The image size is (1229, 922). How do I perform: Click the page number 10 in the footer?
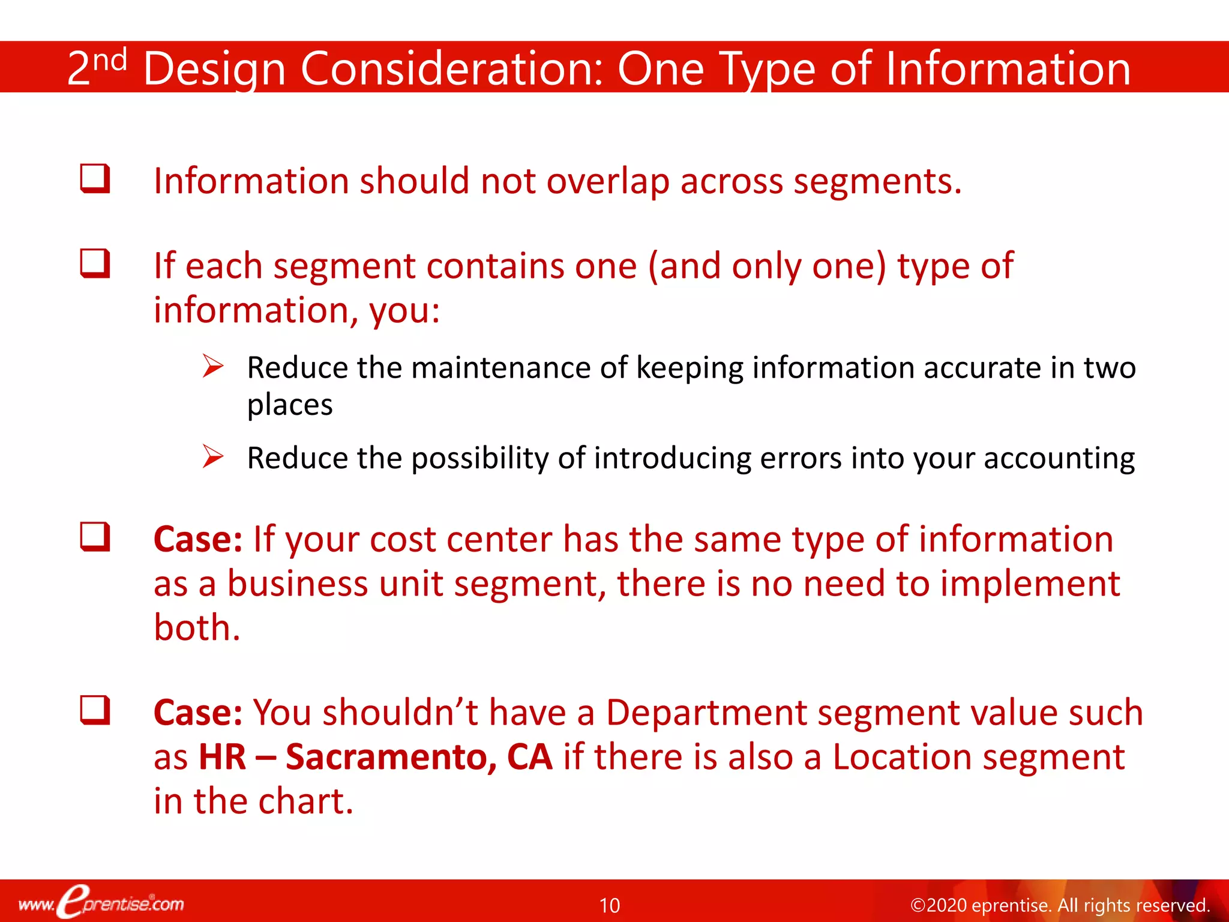[609, 905]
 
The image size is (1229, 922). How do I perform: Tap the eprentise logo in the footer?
[101, 902]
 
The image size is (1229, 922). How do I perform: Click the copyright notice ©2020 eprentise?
[1059, 905]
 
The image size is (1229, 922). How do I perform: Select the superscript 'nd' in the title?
[110, 60]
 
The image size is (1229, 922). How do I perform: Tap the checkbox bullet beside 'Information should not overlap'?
[95, 178]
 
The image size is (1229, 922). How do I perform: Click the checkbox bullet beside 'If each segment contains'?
[95, 264]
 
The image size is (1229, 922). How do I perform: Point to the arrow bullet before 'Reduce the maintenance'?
[212, 366]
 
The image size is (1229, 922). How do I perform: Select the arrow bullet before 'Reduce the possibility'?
[212, 456]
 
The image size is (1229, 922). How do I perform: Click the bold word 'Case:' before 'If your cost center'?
[197, 539]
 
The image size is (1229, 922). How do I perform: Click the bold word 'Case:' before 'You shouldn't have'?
[197, 713]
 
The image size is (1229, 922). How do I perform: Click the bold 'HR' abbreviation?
[222, 757]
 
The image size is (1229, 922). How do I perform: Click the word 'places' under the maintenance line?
[290, 405]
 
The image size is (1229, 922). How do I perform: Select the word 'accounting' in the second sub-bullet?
[1059, 459]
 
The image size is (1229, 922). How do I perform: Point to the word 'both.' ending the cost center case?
[197, 627]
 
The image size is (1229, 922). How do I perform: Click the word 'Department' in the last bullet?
[706, 713]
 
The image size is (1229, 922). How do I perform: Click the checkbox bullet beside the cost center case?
[95, 536]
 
